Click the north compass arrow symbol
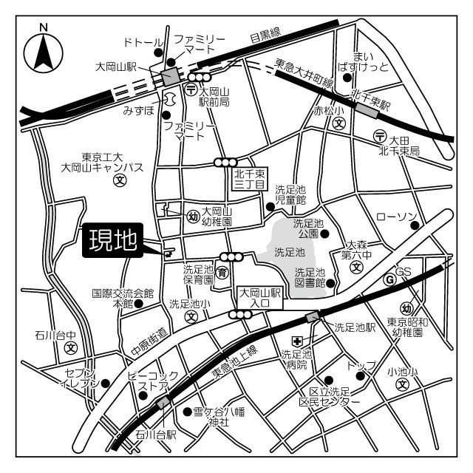[43, 52]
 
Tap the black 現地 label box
[113, 241]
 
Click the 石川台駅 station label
[155, 436]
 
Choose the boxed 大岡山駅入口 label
[259, 297]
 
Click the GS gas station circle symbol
[389, 279]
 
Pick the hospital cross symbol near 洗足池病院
[296, 340]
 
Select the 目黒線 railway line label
[265, 34]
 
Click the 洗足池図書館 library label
[310, 278]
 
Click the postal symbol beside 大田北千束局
[379, 136]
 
